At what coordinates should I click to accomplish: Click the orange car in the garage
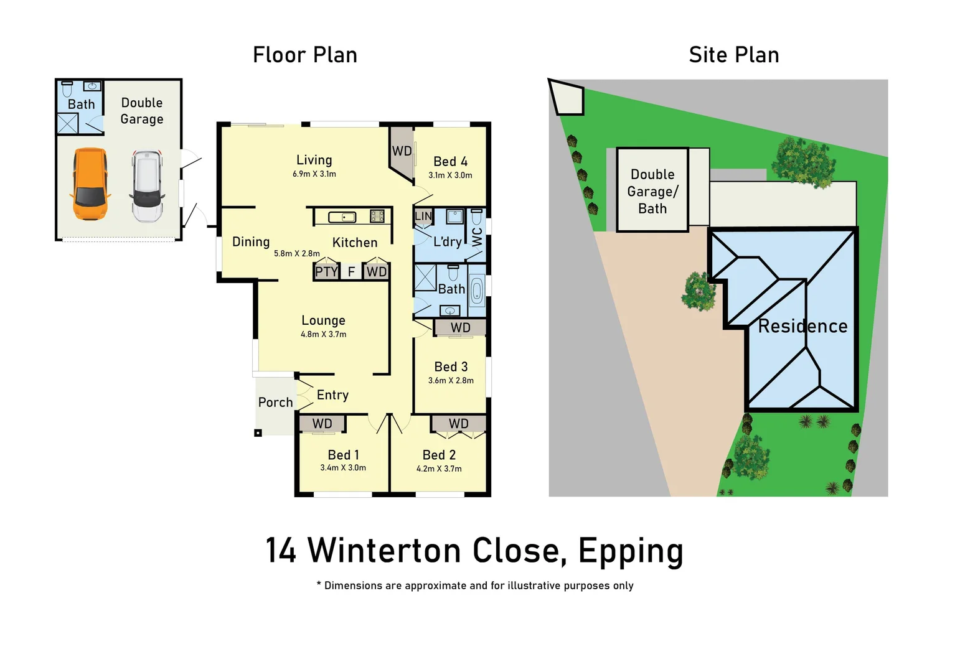[90, 184]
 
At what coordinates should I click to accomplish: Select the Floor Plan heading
[305, 55]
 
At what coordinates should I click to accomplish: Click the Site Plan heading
[734, 55]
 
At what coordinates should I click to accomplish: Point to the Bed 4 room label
[450, 162]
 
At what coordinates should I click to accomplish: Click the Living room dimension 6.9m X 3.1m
[314, 174]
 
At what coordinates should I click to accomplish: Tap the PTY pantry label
[326, 272]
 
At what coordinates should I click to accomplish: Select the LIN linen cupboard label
[423, 216]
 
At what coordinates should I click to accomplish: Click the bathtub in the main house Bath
[477, 291]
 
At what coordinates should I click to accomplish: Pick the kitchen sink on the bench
[342, 217]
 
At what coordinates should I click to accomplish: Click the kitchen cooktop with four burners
[377, 217]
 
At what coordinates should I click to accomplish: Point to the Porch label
[275, 403]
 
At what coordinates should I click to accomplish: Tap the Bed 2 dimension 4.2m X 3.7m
[439, 469]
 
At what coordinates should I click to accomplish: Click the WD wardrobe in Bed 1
[322, 424]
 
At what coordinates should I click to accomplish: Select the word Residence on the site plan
[802, 327]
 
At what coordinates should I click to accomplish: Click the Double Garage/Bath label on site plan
[652, 192]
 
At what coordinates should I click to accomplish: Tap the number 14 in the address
[281, 551]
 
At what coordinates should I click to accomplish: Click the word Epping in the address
[631, 551]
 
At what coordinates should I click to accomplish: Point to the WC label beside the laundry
[478, 236]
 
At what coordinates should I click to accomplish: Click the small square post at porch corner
[258, 433]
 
